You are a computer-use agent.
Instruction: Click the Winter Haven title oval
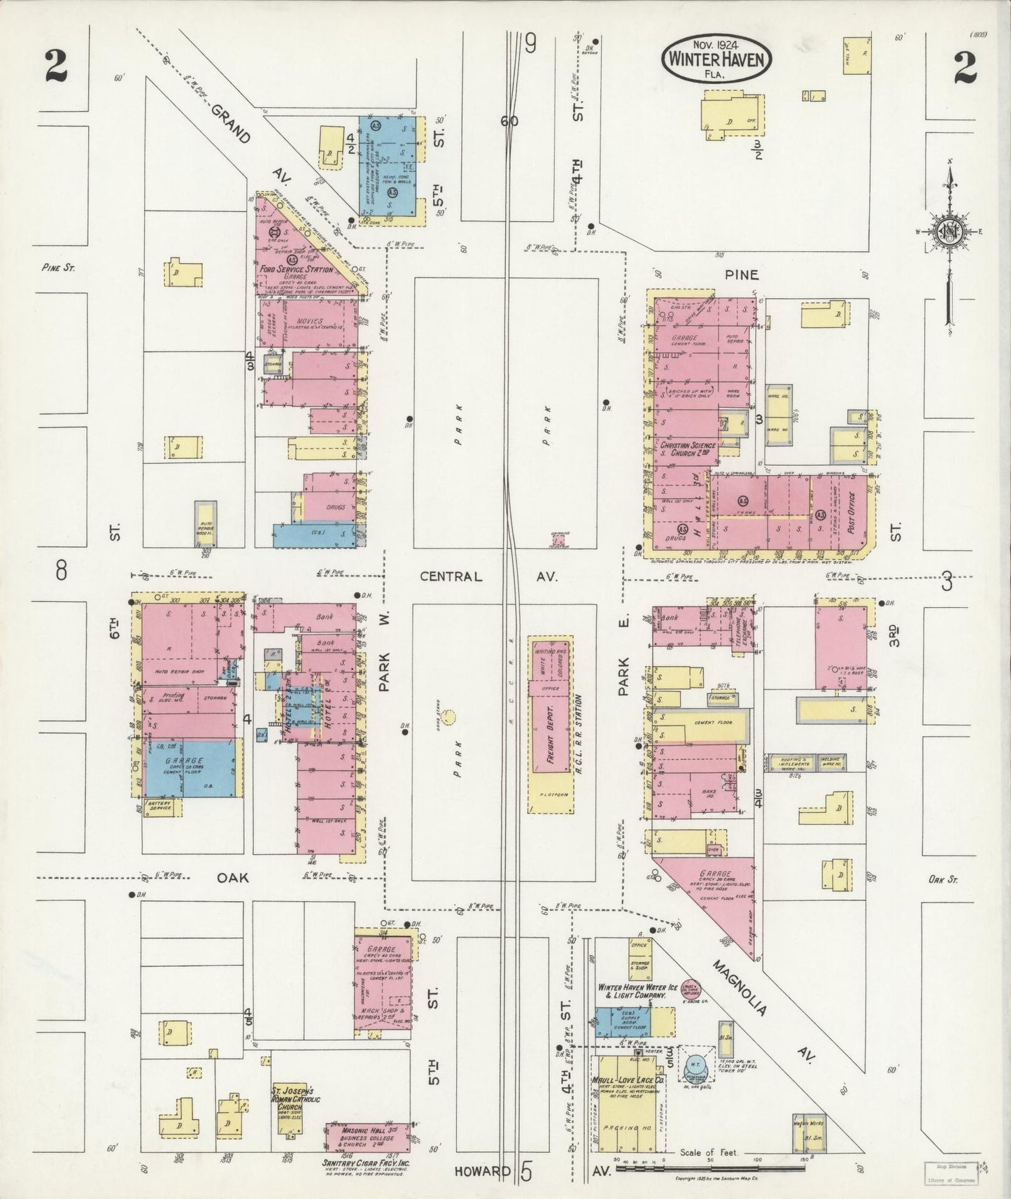(717, 59)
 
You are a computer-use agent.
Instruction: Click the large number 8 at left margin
(62, 572)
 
